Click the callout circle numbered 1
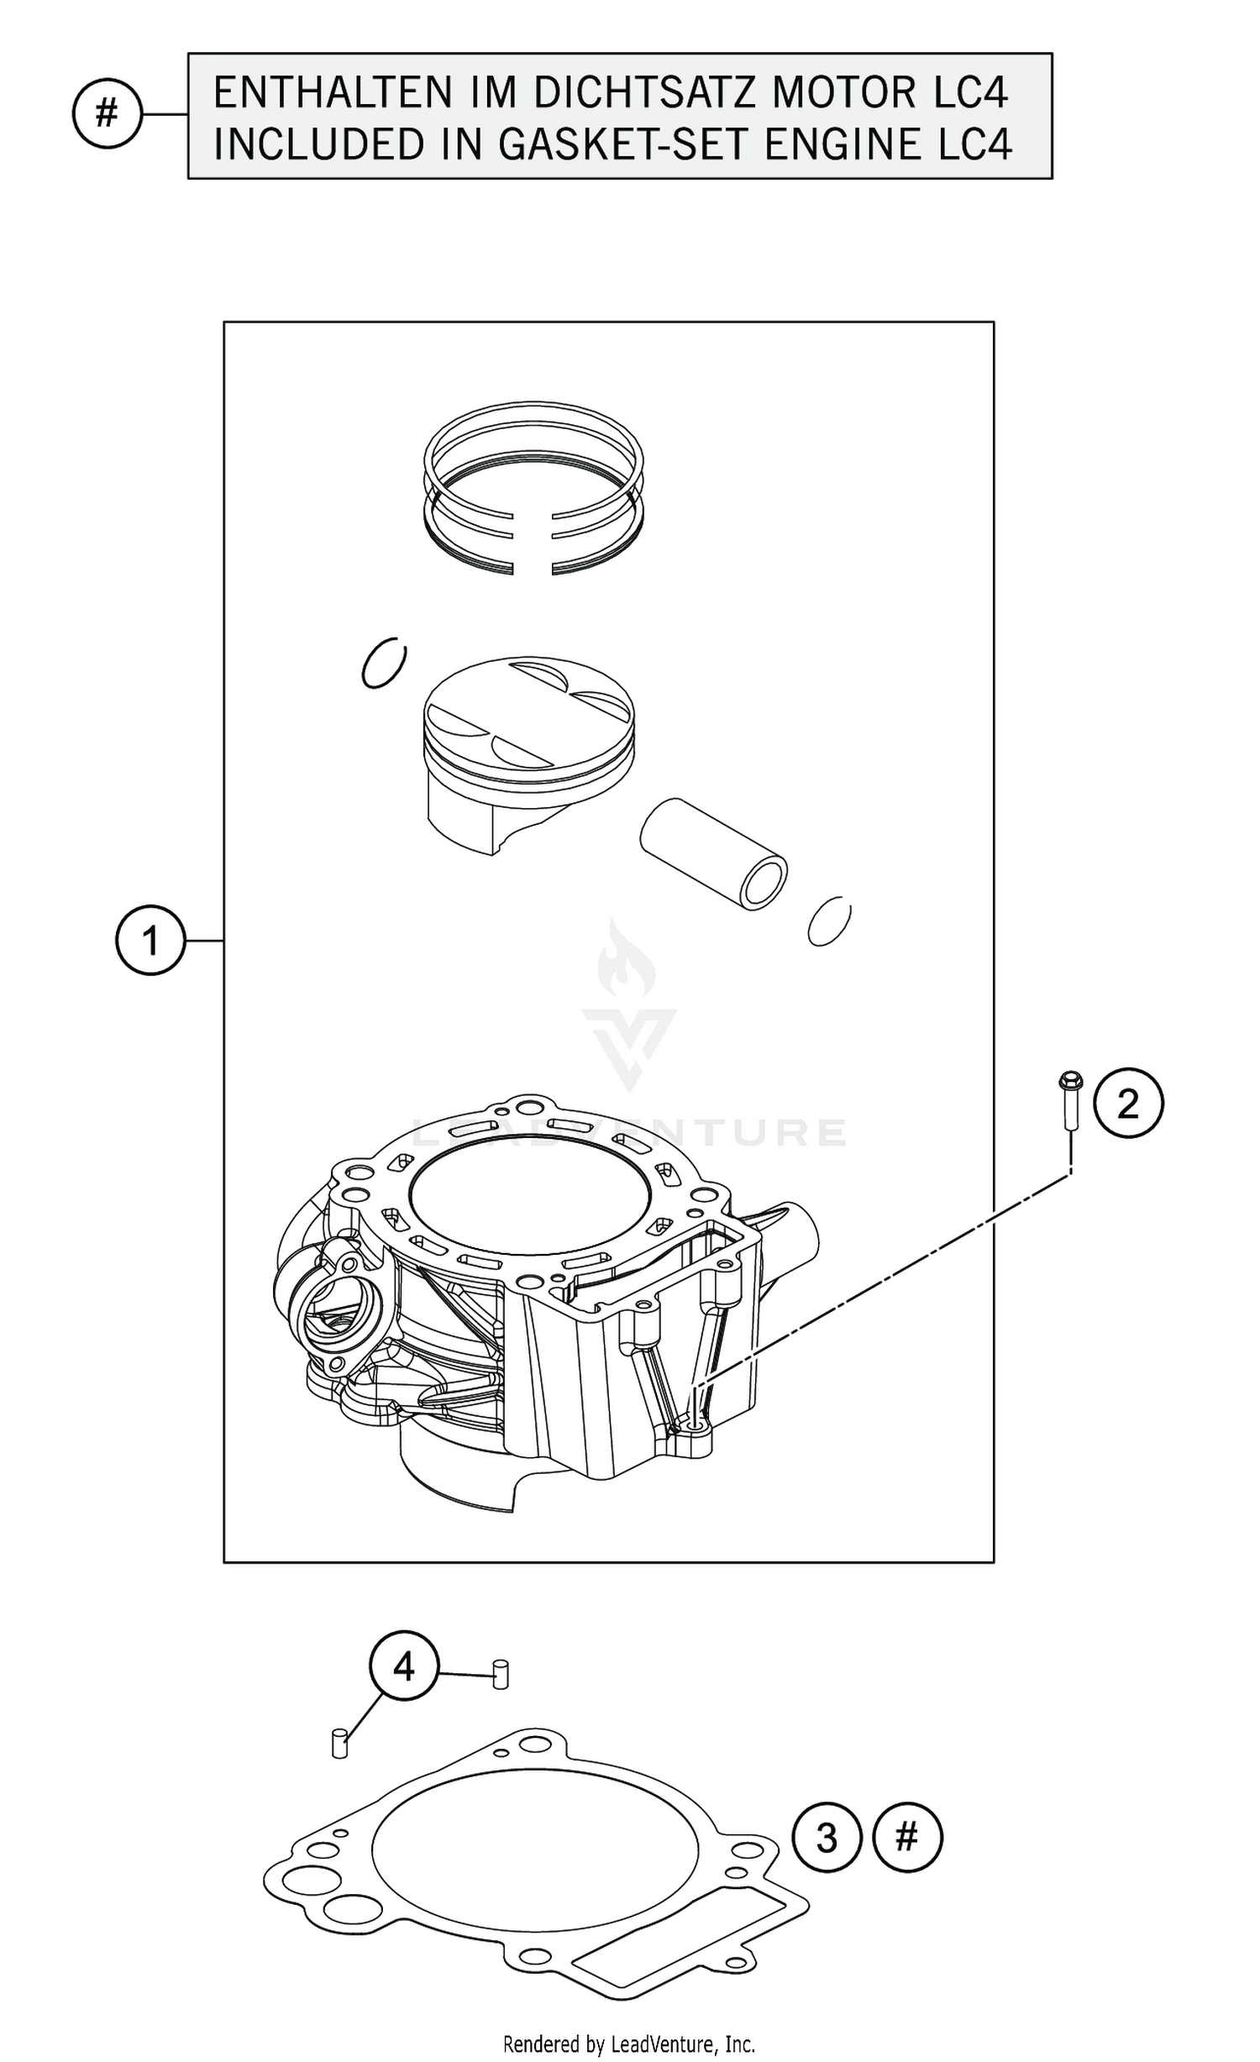point(150,940)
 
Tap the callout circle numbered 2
point(1128,1103)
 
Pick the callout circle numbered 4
point(403,1665)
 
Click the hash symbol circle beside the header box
point(107,113)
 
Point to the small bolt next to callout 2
point(1071,1099)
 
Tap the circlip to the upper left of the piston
point(384,664)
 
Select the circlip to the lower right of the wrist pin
point(829,921)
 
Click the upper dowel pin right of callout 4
point(501,1673)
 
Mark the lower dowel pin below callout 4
point(339,1742)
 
